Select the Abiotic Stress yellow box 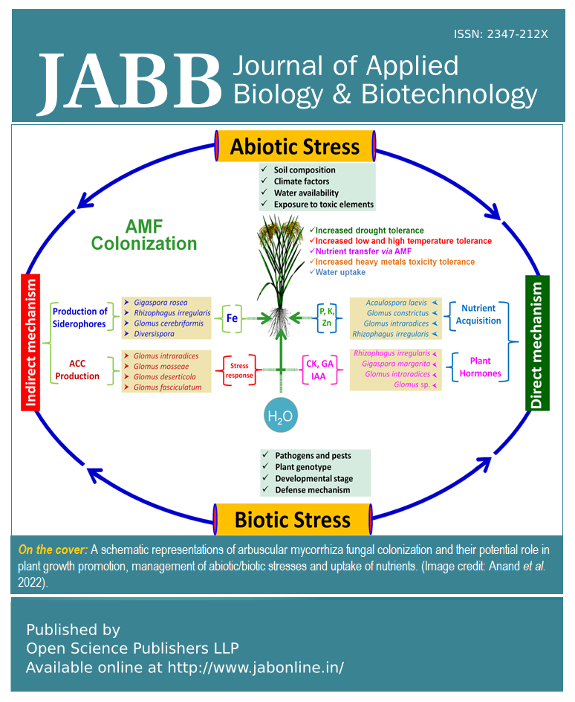[x=294, y=146]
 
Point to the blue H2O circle [x=281, y=416]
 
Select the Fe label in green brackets [x=232, y=318]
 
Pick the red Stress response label [x=239, y=370]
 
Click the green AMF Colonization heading [x=143, y=235]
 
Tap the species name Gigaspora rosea [x=160, y=303]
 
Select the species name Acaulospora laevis [x=397, y=303]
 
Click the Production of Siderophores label [x=80, y=318]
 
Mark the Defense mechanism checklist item [x=312, y=490]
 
